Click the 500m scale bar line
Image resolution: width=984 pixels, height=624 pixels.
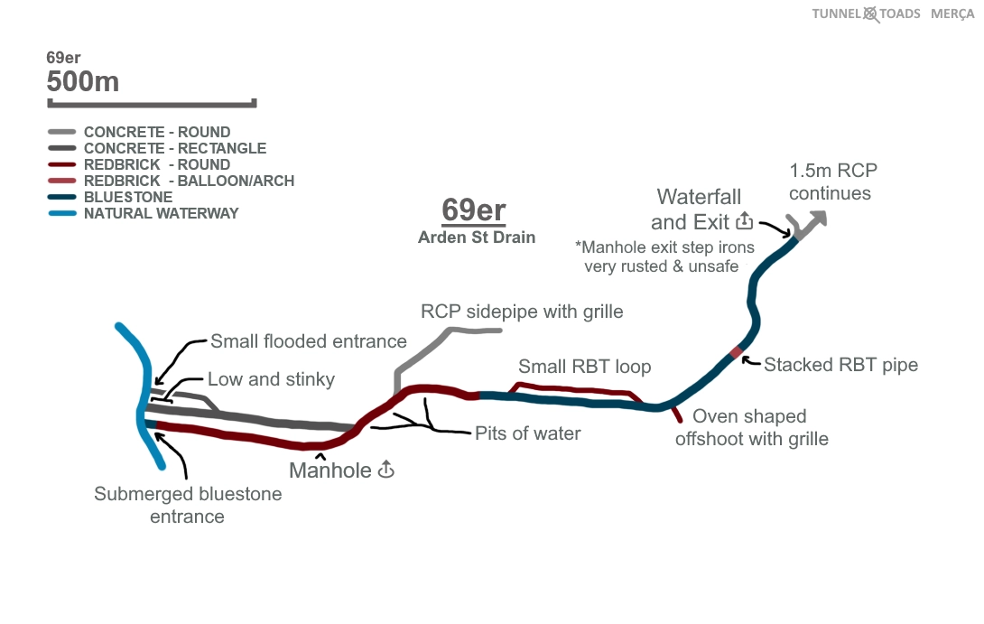coord(152,103)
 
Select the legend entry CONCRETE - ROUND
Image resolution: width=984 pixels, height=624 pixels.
coord(156,132)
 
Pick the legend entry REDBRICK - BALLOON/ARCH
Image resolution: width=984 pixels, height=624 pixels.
coord(189,181)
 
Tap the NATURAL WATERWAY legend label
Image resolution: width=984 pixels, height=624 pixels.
coord(161,213)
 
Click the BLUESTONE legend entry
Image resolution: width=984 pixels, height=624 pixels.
coord(128,197)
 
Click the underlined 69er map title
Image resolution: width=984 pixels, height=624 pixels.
coord(473,210)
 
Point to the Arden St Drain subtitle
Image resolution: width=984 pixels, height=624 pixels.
coord(477,237)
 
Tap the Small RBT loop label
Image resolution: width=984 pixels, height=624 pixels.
coord(584,368)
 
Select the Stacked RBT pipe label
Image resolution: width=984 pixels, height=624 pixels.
coord(840,365)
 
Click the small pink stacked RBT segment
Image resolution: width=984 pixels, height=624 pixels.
coord(736,352)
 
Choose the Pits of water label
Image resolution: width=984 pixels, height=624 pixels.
coord(528,433)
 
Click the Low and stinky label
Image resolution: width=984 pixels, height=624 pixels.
coord(271,379)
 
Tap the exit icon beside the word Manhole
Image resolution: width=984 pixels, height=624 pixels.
coord(386,470)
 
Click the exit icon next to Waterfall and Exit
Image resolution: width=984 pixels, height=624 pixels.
coord(745,221)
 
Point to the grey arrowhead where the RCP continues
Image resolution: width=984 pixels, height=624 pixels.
coord(819,218)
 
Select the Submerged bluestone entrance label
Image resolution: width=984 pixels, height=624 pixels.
coord(188,505)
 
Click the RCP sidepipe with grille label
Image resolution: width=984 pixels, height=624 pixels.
coord(522,312)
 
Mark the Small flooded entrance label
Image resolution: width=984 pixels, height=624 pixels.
coord(309,341)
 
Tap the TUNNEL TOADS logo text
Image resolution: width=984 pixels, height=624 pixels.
coord(866,14)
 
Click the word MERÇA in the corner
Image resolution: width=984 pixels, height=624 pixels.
coord(952,14)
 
